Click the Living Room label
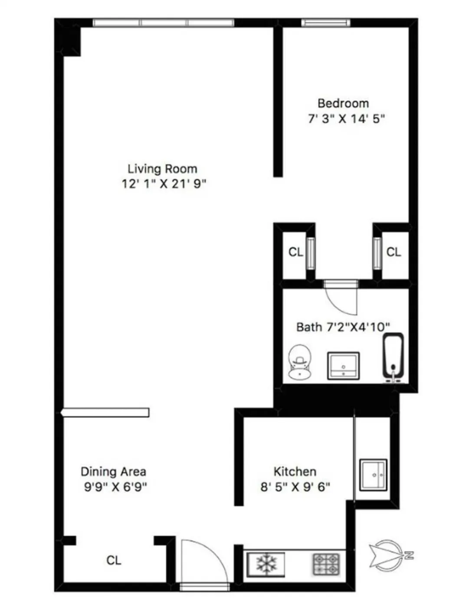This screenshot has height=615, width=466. pos(162,169)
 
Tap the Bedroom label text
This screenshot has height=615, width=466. pos(343,103)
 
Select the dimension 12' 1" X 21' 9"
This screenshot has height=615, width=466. pos(164,184)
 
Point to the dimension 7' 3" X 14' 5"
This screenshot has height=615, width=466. pos(346,118)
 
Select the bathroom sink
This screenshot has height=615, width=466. pos(343,365)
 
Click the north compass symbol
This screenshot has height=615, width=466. pos(387,555)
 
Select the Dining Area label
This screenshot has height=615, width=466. pos(113,471)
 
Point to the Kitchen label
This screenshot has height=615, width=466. pos(295,471)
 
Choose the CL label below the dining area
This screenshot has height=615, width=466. pos(114,560)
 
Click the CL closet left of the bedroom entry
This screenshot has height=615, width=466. pos(295,252)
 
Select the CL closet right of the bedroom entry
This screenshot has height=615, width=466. pos(394,252)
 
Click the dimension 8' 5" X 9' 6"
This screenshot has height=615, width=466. pos(295,487)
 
